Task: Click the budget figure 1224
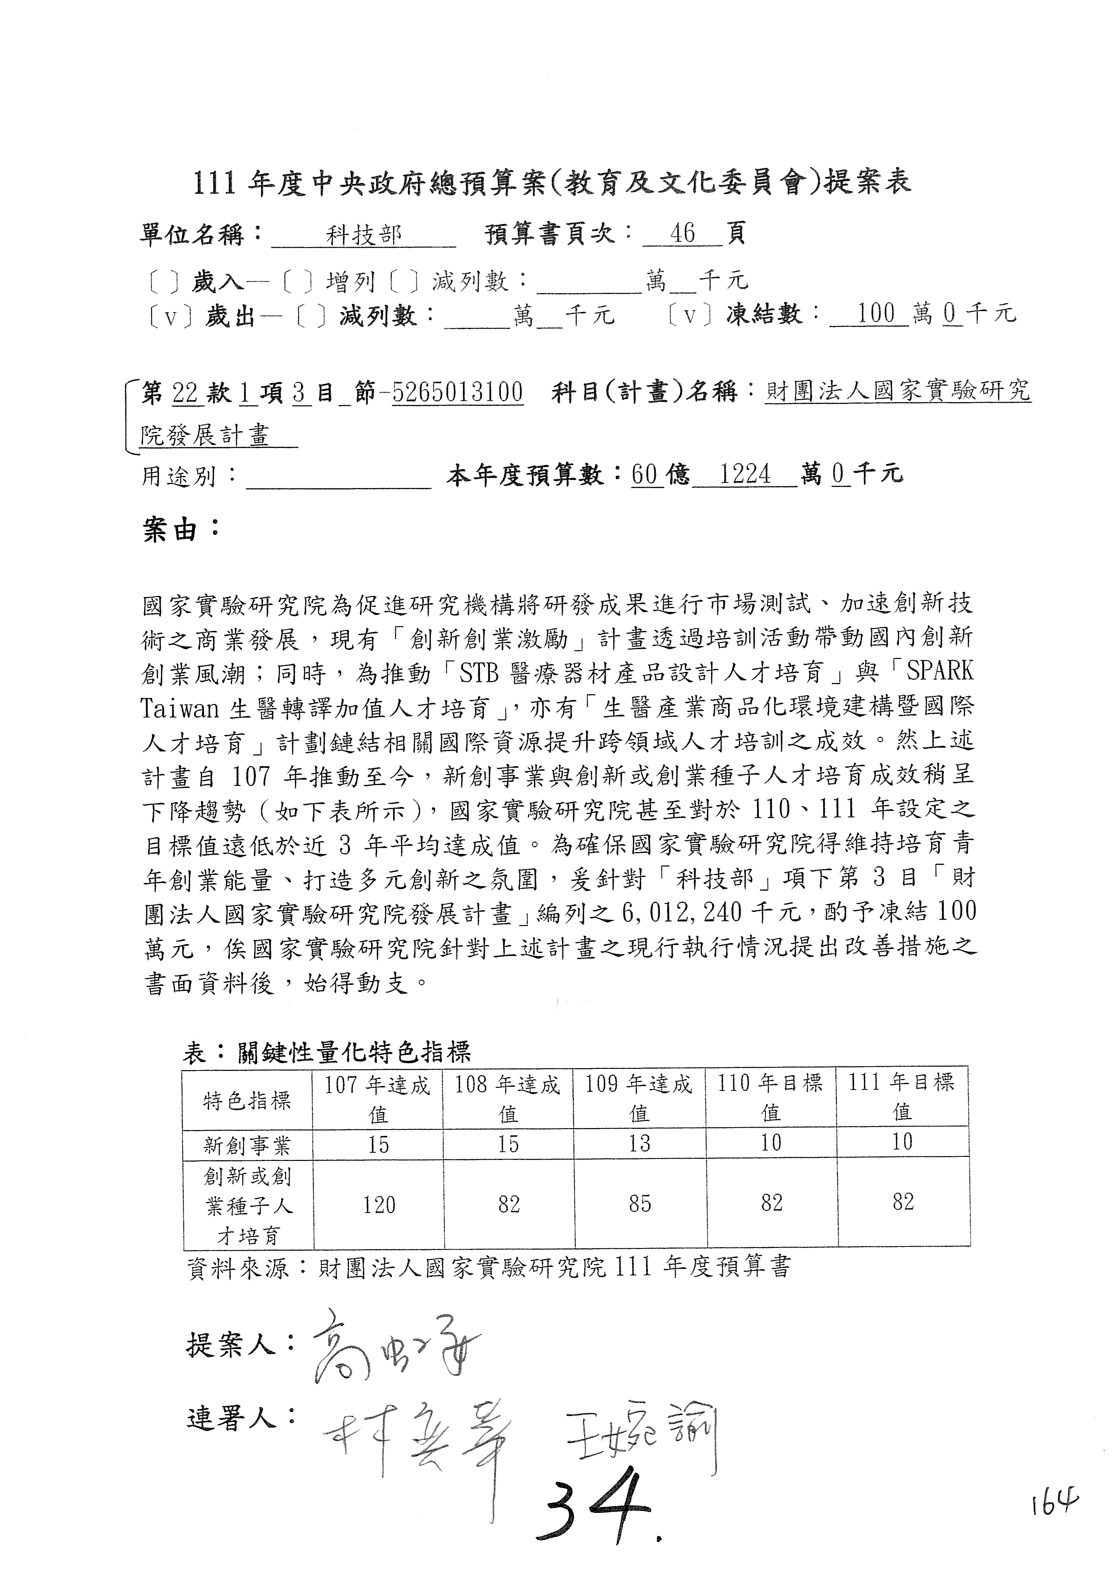[745, 475]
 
